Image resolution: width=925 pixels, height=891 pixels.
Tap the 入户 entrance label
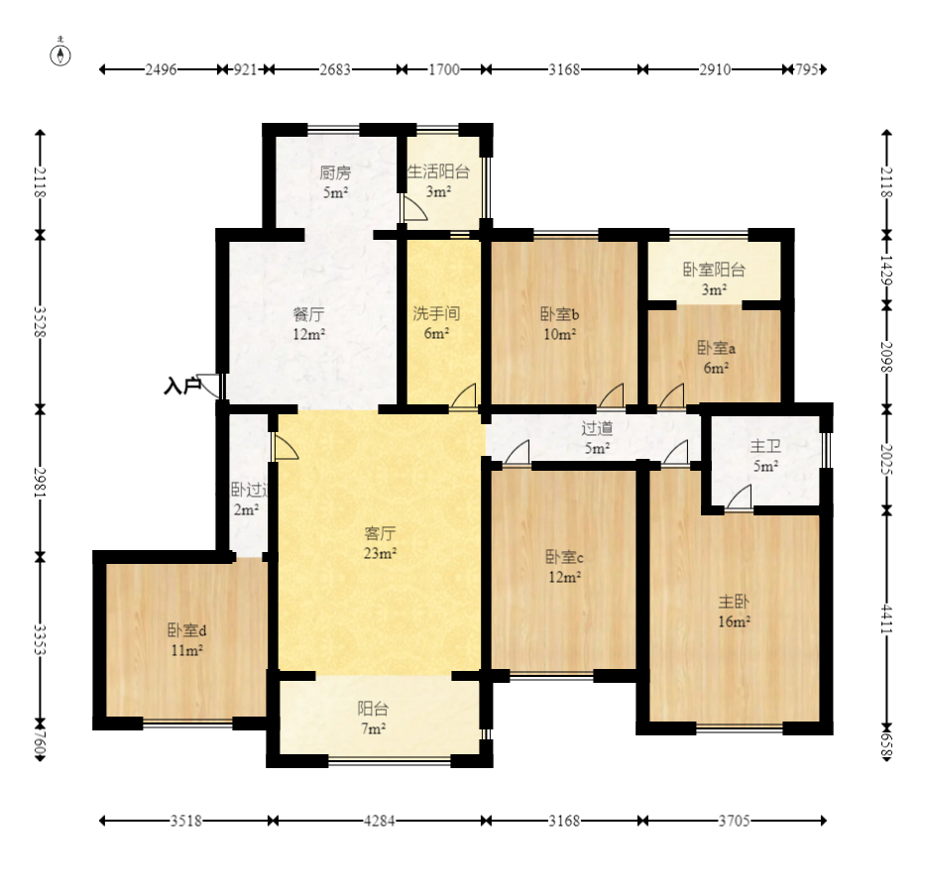point(181,387)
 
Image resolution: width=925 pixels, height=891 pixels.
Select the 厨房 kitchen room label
point(335,172)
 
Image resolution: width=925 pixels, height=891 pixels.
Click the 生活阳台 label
point(438,171)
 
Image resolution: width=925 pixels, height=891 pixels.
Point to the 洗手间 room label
point(436,314)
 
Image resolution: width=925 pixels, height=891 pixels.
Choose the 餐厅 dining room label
point(309,314)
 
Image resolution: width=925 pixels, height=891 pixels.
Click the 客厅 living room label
point(380,533)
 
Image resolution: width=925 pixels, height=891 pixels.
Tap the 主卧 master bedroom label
point(734,602)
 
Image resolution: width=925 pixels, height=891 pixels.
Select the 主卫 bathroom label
point(765,446)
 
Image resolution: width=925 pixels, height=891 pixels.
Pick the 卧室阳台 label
point(714,270)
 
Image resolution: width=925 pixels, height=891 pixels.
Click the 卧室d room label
point(186,630)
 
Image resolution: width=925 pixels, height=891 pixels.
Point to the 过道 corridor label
point(597,428)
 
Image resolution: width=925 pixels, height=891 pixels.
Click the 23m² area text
point(380,553)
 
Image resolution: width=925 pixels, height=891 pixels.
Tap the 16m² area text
point(734,621)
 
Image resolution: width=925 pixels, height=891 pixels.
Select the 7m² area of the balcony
point(374,728)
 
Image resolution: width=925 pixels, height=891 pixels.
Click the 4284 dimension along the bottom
point(379,821)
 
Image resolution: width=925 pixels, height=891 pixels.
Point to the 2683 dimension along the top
point(335,69)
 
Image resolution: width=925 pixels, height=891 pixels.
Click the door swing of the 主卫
point(739,497)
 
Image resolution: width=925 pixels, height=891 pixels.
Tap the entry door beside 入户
point(210,386)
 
